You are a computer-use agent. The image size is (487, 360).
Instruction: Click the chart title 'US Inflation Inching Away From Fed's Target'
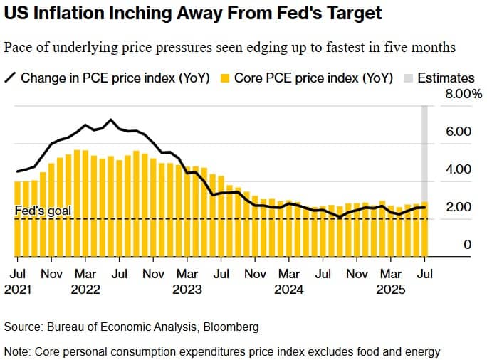[192, 13]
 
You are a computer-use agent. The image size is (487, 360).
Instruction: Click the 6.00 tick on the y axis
[458, 132]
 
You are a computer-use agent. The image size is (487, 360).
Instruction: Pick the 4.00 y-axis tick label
[458, 169]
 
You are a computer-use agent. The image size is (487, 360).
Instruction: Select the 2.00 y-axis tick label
[458, 207]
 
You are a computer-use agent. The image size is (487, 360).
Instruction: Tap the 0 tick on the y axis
[468, 245]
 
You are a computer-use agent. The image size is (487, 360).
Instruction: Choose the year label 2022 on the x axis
[85, 290]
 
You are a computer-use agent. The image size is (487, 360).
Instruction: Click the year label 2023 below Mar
[187, 290]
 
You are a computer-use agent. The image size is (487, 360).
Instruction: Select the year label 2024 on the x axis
[289, 290]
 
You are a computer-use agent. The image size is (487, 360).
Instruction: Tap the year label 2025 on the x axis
[391, 290]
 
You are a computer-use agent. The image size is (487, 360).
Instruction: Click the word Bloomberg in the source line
[230, 327]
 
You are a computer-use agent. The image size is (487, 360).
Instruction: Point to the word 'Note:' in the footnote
[17, 351]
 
